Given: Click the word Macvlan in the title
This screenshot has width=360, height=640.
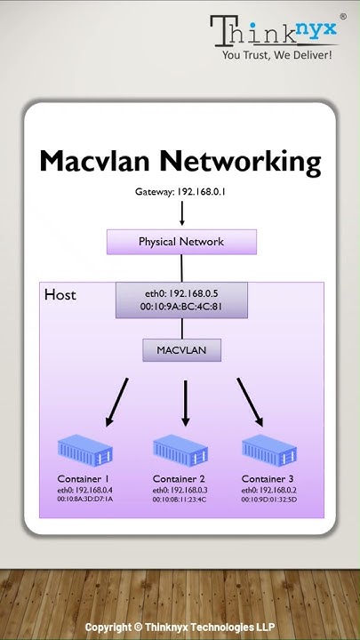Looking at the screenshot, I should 96,162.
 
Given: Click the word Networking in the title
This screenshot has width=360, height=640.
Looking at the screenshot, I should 239,162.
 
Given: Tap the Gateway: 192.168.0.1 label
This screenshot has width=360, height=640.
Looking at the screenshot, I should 180,191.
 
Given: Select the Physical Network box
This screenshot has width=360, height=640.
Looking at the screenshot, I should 181,242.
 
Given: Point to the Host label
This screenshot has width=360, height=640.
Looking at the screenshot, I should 60,294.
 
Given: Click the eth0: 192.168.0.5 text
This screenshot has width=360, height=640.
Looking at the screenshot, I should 181,292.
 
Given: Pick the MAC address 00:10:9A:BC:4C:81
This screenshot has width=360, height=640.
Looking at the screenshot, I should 181,307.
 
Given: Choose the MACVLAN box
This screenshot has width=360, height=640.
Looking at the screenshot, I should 181,350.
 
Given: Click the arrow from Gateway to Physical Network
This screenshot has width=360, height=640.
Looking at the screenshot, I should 181,213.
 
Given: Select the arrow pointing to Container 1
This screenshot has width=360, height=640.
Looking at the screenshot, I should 116,403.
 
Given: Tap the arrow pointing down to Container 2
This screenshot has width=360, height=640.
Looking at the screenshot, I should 185,403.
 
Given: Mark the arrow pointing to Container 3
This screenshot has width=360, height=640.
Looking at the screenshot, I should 250,403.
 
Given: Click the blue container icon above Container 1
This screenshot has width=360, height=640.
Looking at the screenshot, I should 84,452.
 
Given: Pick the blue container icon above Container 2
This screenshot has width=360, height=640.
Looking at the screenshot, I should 180,452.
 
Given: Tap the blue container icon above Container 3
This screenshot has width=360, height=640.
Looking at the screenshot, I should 268,452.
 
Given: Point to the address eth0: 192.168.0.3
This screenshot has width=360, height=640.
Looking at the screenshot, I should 179,490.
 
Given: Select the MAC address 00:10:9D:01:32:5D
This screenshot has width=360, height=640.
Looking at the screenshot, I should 268,500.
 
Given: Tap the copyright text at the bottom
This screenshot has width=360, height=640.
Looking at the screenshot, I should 180,627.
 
